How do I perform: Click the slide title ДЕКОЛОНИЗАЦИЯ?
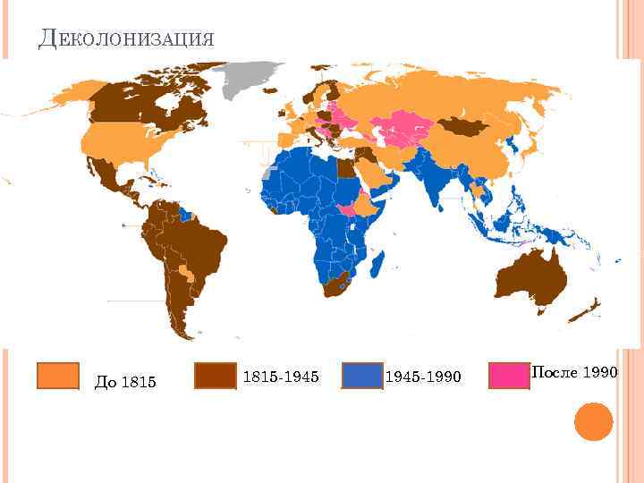(126, 38)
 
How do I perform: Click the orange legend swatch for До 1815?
(58, 376)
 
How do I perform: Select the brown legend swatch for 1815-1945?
(216, 376)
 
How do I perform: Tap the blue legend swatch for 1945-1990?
(361, 376)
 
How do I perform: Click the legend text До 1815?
(125, 383)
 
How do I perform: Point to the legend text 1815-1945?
(281, 377)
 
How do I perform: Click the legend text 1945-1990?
(422, 377)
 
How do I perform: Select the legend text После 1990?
(574, 371)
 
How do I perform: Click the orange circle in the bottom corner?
(592, 420)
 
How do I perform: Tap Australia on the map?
(531, 277)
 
